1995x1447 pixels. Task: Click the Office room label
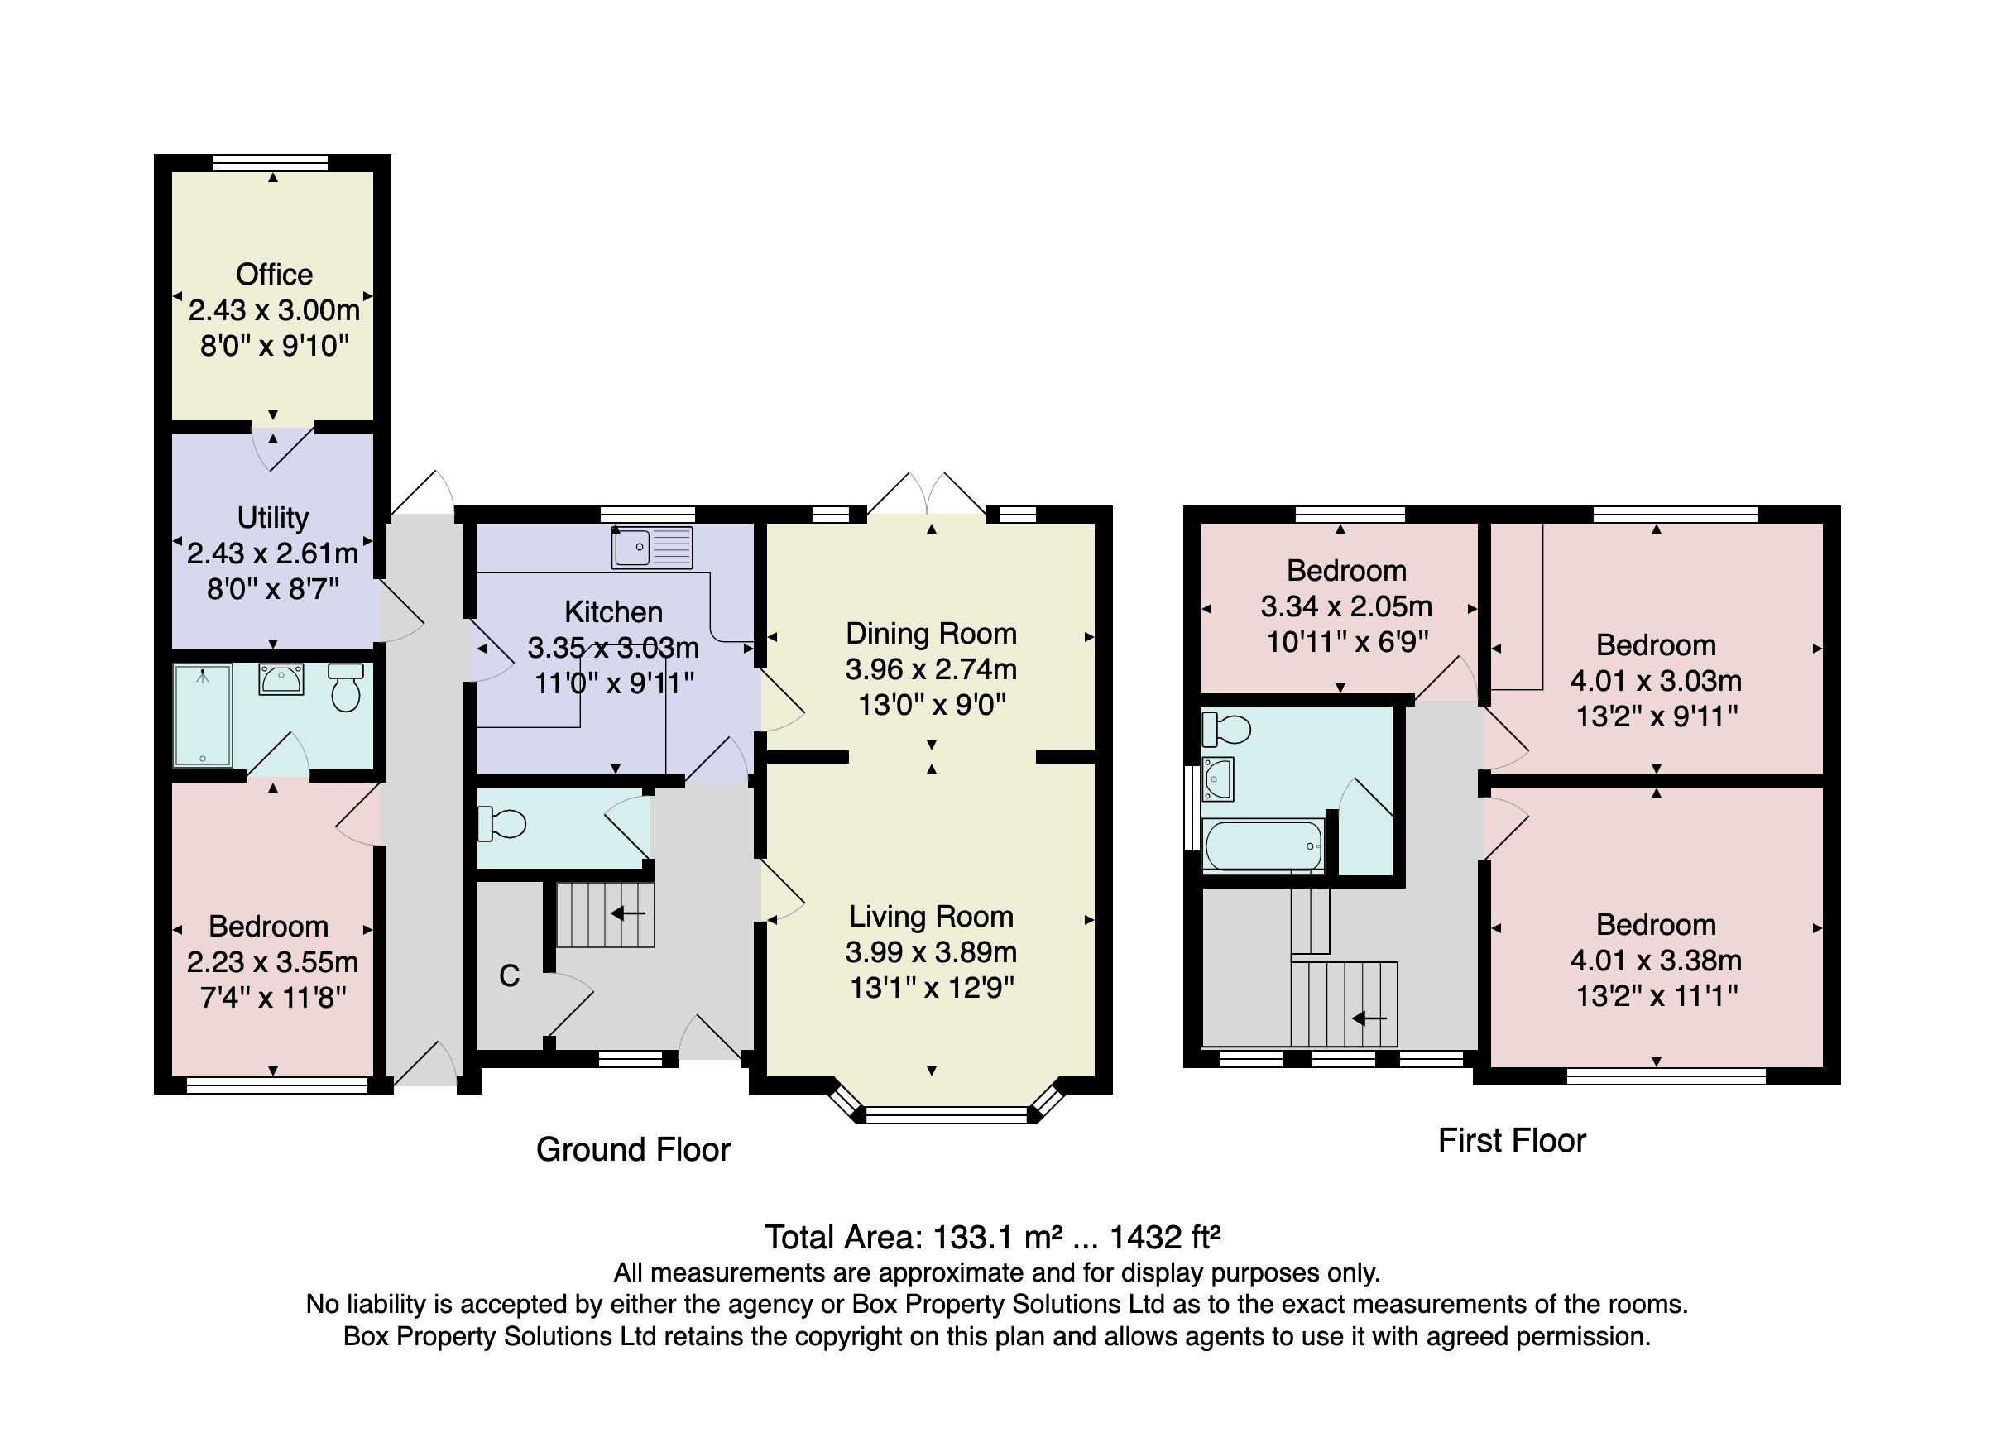pos(274,275)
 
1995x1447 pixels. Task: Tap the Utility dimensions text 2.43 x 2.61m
pos(273,553)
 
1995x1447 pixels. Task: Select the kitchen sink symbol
pos(652,546)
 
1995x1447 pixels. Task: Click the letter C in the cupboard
pos(510,975)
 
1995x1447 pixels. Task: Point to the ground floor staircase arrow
pos(628,913)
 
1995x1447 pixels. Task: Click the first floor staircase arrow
pos(1369,1018)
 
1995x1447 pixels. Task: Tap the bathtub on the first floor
pos(1264,846)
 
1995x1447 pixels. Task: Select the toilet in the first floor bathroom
pos(1227,728)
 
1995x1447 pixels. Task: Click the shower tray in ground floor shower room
pos(204,714)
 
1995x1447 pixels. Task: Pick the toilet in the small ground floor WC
pos(501,823)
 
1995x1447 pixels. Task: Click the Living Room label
pos(931,917)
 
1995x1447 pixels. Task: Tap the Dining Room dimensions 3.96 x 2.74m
pos(931,669)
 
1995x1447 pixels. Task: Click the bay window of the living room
pos(947,1114)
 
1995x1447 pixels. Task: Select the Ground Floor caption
pos(632,1150)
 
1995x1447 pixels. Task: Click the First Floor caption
pos(1511,1141)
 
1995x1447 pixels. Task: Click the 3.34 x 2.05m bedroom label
pos(1345,606)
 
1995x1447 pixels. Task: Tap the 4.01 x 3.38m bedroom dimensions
pos(1656,961)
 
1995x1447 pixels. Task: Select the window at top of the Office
pos(270,162)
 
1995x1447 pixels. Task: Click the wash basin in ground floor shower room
pos(281,679)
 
